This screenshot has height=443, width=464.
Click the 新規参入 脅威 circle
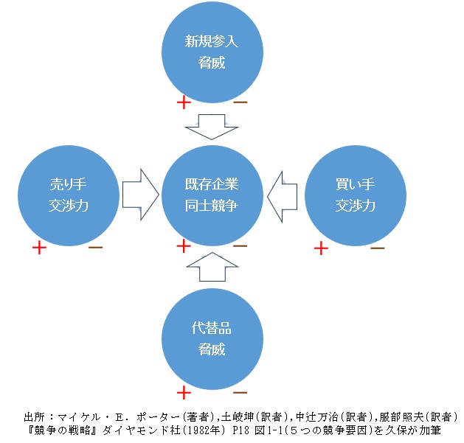(212, 52)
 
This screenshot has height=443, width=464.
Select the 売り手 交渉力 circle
(68, 194)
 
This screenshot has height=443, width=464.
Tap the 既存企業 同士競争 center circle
(212, 194)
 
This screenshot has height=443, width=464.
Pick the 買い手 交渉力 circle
(355, 194)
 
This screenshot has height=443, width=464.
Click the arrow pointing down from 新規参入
(212, 127)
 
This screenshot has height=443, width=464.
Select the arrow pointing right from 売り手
(140, 194)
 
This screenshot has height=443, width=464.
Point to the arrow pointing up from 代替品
(212, 266)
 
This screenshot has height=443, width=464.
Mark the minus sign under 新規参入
(240, 102)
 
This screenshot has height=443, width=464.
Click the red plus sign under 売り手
(39, 248)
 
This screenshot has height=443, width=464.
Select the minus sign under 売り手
(95, 247)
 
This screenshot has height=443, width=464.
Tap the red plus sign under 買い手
(321, 248)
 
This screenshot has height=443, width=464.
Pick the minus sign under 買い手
(377, 247)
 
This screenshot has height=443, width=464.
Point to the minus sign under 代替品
(240, 391)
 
